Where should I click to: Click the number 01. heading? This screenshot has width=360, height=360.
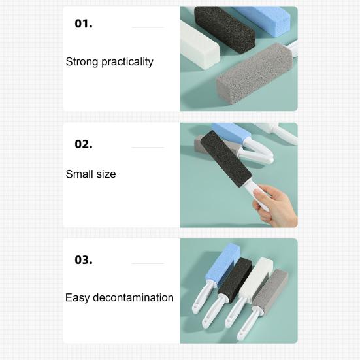point(84,24)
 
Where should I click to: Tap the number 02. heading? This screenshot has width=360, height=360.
point(84,144)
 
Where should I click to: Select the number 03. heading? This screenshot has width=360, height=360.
point(84,260)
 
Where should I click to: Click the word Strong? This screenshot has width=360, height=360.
point(82,62)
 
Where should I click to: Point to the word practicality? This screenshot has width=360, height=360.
point(127,62)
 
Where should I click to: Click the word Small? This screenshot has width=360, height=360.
point(80,174)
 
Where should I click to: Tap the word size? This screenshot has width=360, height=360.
point(106,174)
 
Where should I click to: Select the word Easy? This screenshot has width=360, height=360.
point(77,298)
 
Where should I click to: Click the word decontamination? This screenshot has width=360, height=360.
point(133,297)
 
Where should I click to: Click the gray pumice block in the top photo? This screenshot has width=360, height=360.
point(254,73)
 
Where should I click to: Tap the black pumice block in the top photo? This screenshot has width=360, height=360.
point(225,29)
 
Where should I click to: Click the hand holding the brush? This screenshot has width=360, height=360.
point(276,206)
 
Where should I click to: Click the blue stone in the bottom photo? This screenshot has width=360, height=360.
point(222,263)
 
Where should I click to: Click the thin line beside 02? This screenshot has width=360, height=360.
point(148,148)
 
